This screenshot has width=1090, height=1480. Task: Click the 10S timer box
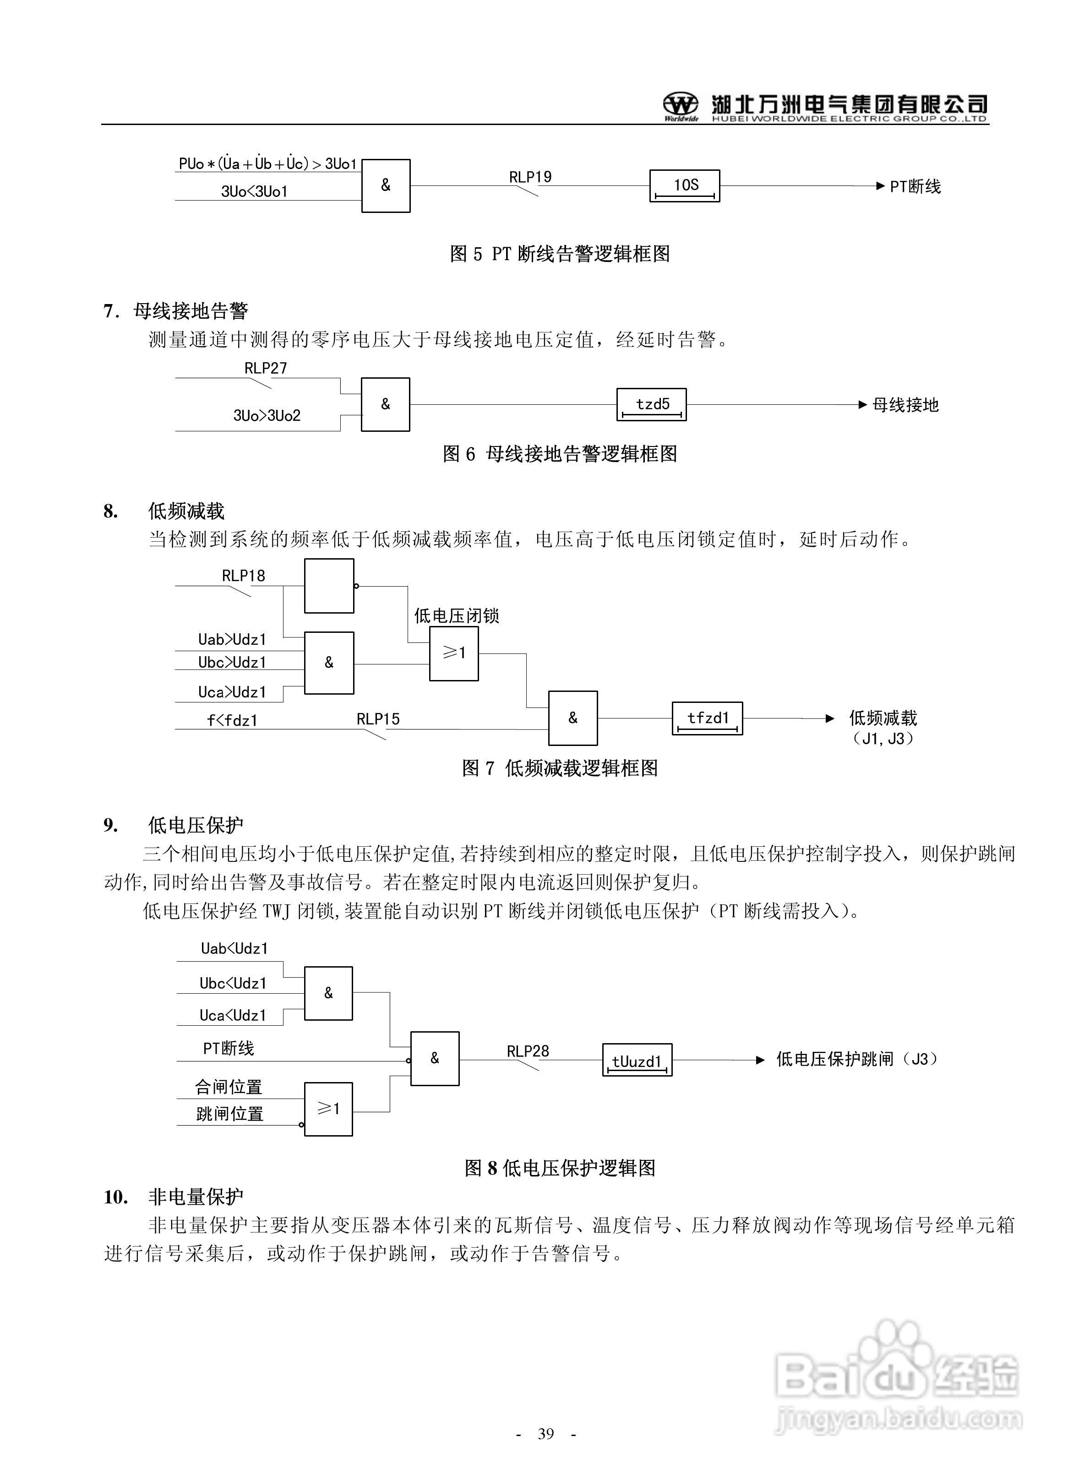[684, 185]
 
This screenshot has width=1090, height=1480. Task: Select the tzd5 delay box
[651, 404]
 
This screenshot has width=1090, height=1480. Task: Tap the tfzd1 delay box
[707, 718]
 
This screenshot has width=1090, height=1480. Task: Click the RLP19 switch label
[530, 177]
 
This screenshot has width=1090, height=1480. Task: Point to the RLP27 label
[266, 368]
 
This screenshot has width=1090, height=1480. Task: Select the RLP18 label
[244, 576]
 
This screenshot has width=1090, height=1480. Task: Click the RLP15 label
[378, 719]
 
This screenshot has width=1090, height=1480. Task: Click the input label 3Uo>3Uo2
[267, 415]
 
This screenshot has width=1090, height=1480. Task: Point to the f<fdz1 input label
[232, 720]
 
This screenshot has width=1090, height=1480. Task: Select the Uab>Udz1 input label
[232, 639]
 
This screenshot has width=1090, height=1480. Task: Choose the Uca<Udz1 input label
[234, 1015]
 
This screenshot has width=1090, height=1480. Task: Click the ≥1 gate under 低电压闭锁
[454, 653]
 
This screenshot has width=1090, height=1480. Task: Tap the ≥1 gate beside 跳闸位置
[328, 1109]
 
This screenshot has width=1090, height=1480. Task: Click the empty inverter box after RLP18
[328, 586]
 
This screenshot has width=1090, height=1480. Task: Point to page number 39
[545, 1433]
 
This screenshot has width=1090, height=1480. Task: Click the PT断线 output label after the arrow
[915, 187]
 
